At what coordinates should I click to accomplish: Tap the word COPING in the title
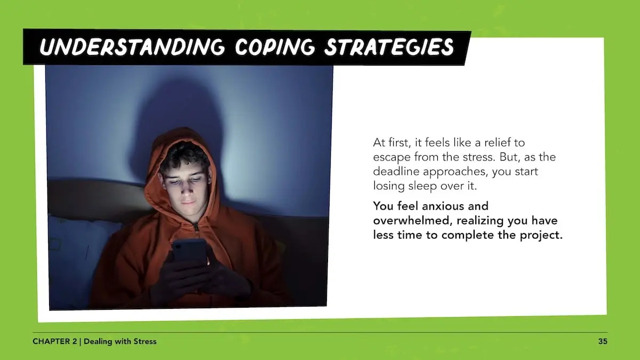(275, 47)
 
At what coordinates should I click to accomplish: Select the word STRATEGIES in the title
(389, 47)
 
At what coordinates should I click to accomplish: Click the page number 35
(603, 341)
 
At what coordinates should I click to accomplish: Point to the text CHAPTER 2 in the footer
(55, 341)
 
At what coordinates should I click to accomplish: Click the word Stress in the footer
(145, 341)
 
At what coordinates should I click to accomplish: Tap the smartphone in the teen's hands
(190, 251)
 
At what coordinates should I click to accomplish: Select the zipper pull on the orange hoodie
(196, 228)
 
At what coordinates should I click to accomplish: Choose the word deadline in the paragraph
(397, 171)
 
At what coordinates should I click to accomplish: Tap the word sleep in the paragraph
(422, 186)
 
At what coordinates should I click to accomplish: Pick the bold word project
(541, 235)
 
